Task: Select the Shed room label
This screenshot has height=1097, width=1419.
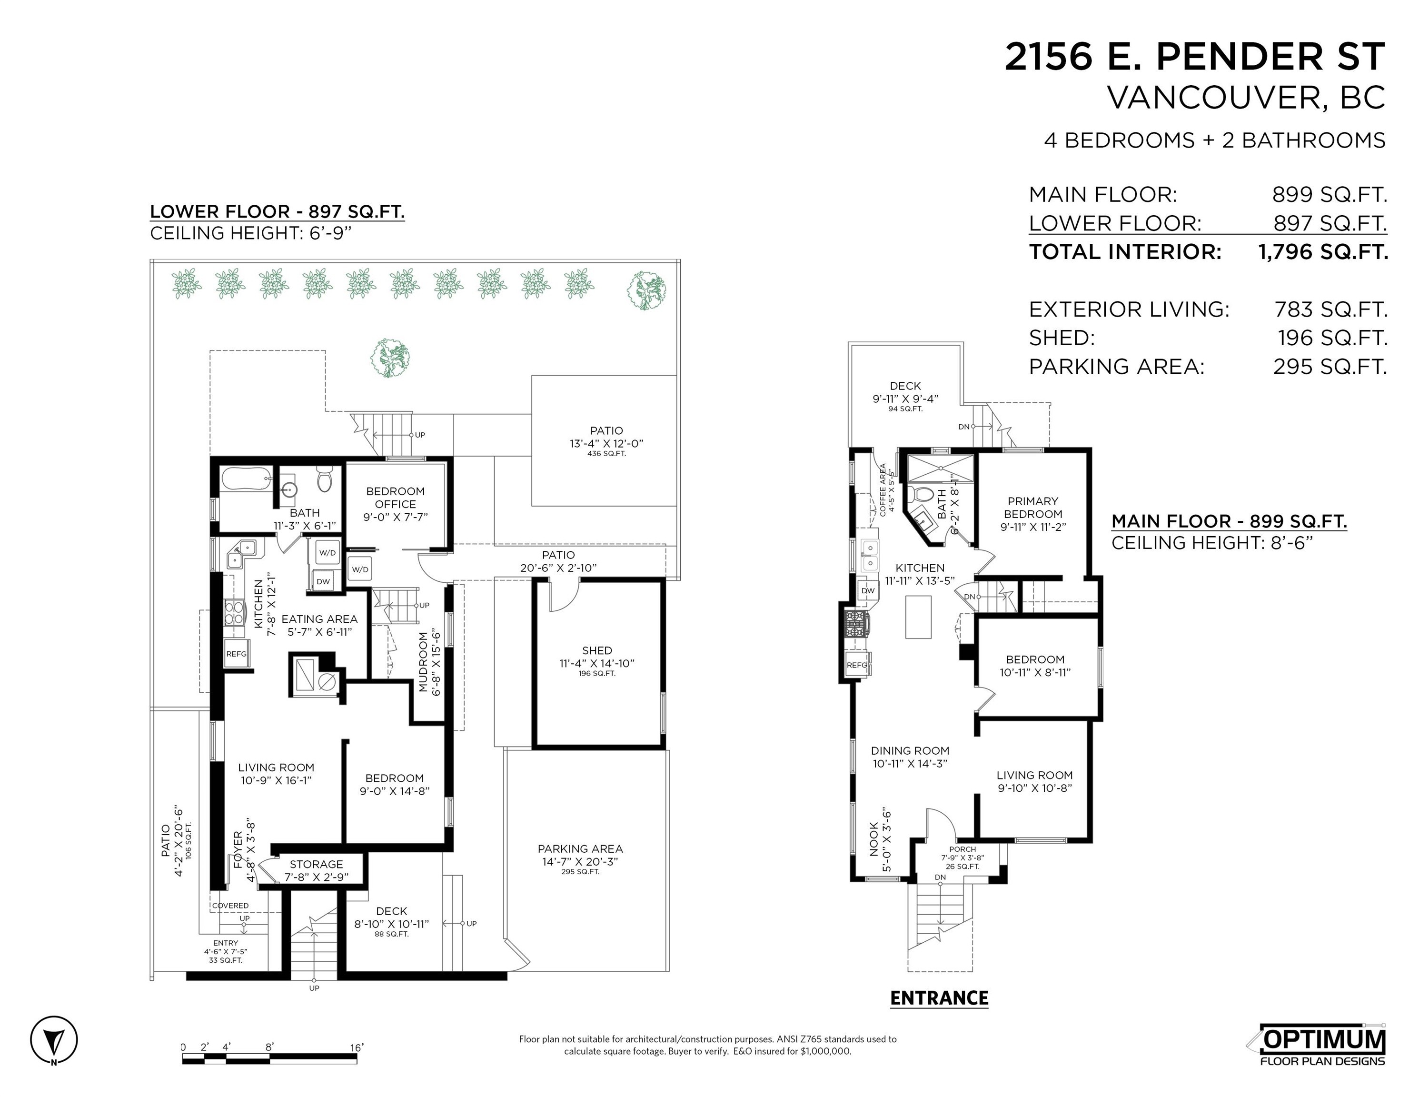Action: coord(596,650)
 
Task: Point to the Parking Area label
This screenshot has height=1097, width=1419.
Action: coord(580,849)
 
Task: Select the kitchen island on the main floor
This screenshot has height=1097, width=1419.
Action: coord(918,616)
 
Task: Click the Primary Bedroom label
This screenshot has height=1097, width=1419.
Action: coord(1032,508)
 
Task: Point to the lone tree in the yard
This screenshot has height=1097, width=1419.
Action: coord(390,358)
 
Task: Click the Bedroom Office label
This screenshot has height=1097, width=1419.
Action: coord(395,497)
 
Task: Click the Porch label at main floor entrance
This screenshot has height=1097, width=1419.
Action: coord(962,849)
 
